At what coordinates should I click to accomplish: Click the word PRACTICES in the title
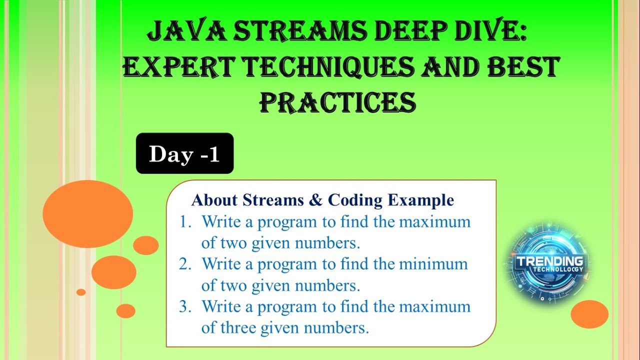[x=338, y=102]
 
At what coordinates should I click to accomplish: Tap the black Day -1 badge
[x=184, y=153]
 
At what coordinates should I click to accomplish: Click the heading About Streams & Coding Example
[x=322, y=200]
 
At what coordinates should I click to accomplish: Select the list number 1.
[x=185, y=221]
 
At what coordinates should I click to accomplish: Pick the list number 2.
[x=185, y=263]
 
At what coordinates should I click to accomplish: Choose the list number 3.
[x=185, y=306]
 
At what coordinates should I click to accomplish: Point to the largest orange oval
[x=88, y=214]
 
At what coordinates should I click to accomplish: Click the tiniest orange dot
[x=81, y=292]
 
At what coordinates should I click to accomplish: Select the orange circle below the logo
[x=589, y=314]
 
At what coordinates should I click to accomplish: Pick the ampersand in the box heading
[x=316, y=200]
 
